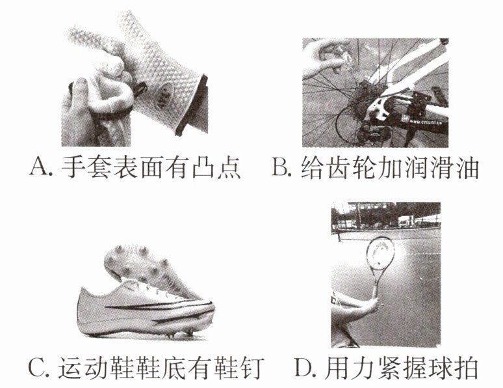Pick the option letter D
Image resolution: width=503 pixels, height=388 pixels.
(x=302, y=367)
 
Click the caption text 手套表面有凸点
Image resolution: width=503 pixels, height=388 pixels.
(x=151, y=167)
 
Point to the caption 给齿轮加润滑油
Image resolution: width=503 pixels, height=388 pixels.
(x=390, y=167)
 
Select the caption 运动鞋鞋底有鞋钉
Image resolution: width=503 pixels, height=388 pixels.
(x=161, y=367)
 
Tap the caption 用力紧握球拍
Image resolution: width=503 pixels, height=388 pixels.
(x=401, y=367)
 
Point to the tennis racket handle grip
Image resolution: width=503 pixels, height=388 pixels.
(x=375, y=291)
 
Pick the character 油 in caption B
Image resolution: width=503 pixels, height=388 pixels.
(x=467, y=167)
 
